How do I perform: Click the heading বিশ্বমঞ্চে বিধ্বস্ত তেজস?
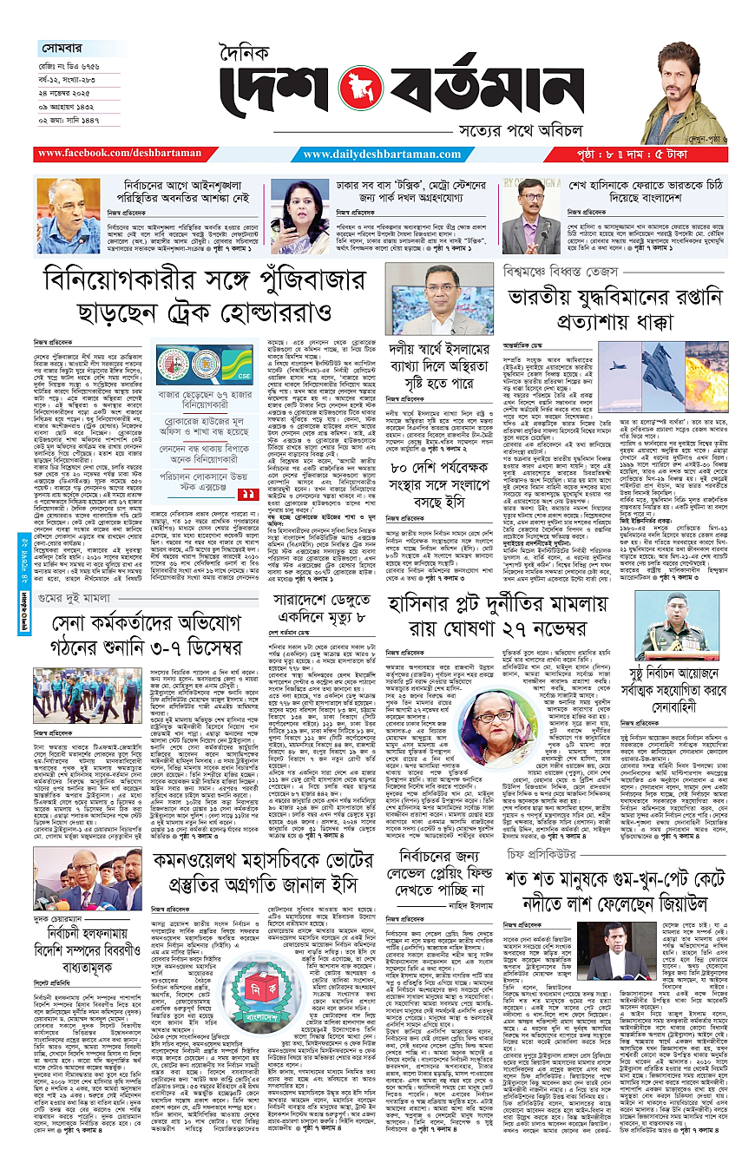coord(555,271)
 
